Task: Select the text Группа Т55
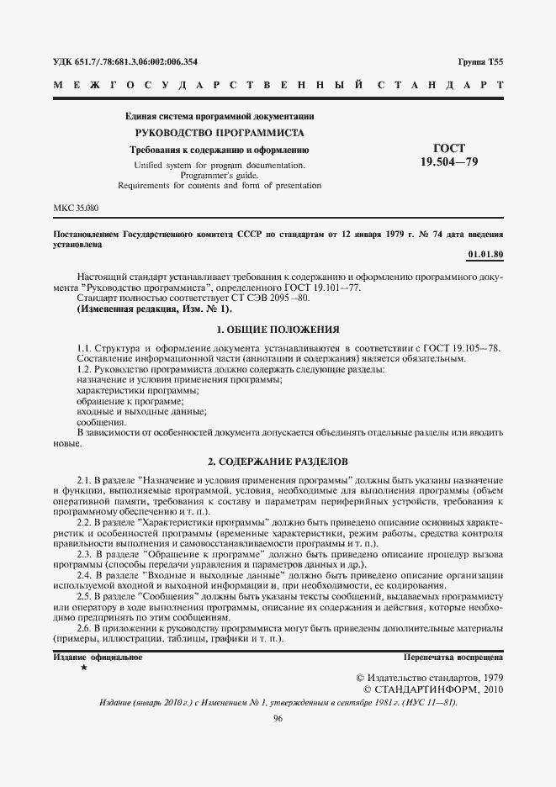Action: point(480,61)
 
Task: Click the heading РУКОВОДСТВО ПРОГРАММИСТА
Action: point(220,133)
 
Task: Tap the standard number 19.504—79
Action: point(447,162)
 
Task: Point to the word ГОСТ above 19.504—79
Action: point(447,148)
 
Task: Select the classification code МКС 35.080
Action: point(76,207)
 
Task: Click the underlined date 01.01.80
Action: point(485,253)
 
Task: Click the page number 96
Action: point(278,717)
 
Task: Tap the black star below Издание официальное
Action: point(83,667)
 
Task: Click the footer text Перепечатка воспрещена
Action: point(453,656)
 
